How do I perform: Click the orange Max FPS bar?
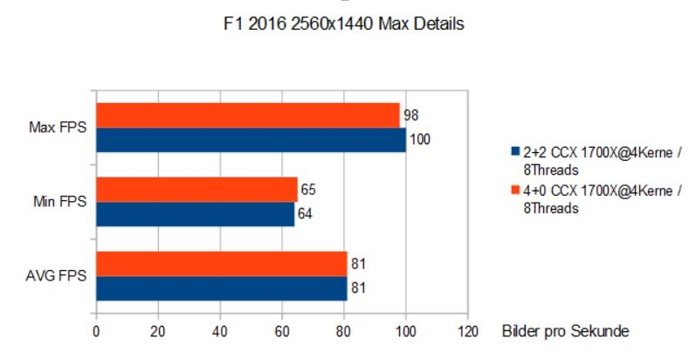247,115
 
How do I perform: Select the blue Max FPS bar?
251,140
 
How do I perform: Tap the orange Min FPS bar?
196,190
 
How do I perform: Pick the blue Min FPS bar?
195,214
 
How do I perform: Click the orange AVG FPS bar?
221,263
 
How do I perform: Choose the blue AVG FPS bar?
221,287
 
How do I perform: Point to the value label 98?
410,115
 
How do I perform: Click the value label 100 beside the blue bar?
420,140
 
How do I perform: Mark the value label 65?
308,190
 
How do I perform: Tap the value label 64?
307,214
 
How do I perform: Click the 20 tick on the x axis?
158,332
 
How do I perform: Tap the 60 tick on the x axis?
282,332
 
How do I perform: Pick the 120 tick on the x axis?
468,332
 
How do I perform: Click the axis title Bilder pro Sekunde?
565,332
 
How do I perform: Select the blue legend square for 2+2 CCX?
516,149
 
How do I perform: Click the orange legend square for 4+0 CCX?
516,190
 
